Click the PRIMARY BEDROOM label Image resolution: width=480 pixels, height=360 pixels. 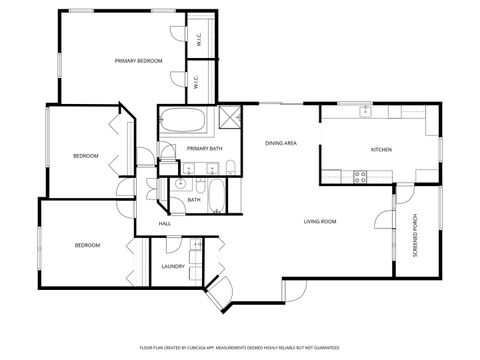(138, 61)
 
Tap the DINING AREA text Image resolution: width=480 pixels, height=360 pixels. (281, 143)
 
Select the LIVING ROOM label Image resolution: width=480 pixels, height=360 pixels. (320, 221)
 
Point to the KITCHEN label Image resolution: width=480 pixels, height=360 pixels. (381, 149)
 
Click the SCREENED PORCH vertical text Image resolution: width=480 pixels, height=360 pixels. (415, 236)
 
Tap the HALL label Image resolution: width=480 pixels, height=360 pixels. (164, 223)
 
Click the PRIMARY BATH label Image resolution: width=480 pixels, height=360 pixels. (203, 149)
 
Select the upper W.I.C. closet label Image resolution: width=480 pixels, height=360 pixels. (199, 41)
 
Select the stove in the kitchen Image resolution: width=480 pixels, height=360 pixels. (360, 176)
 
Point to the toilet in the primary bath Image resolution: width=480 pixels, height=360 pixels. (230, 166)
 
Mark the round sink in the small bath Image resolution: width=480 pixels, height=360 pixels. (181, 185)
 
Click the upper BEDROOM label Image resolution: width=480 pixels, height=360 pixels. (85, 156)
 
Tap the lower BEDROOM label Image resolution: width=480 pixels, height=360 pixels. (87, 245)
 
